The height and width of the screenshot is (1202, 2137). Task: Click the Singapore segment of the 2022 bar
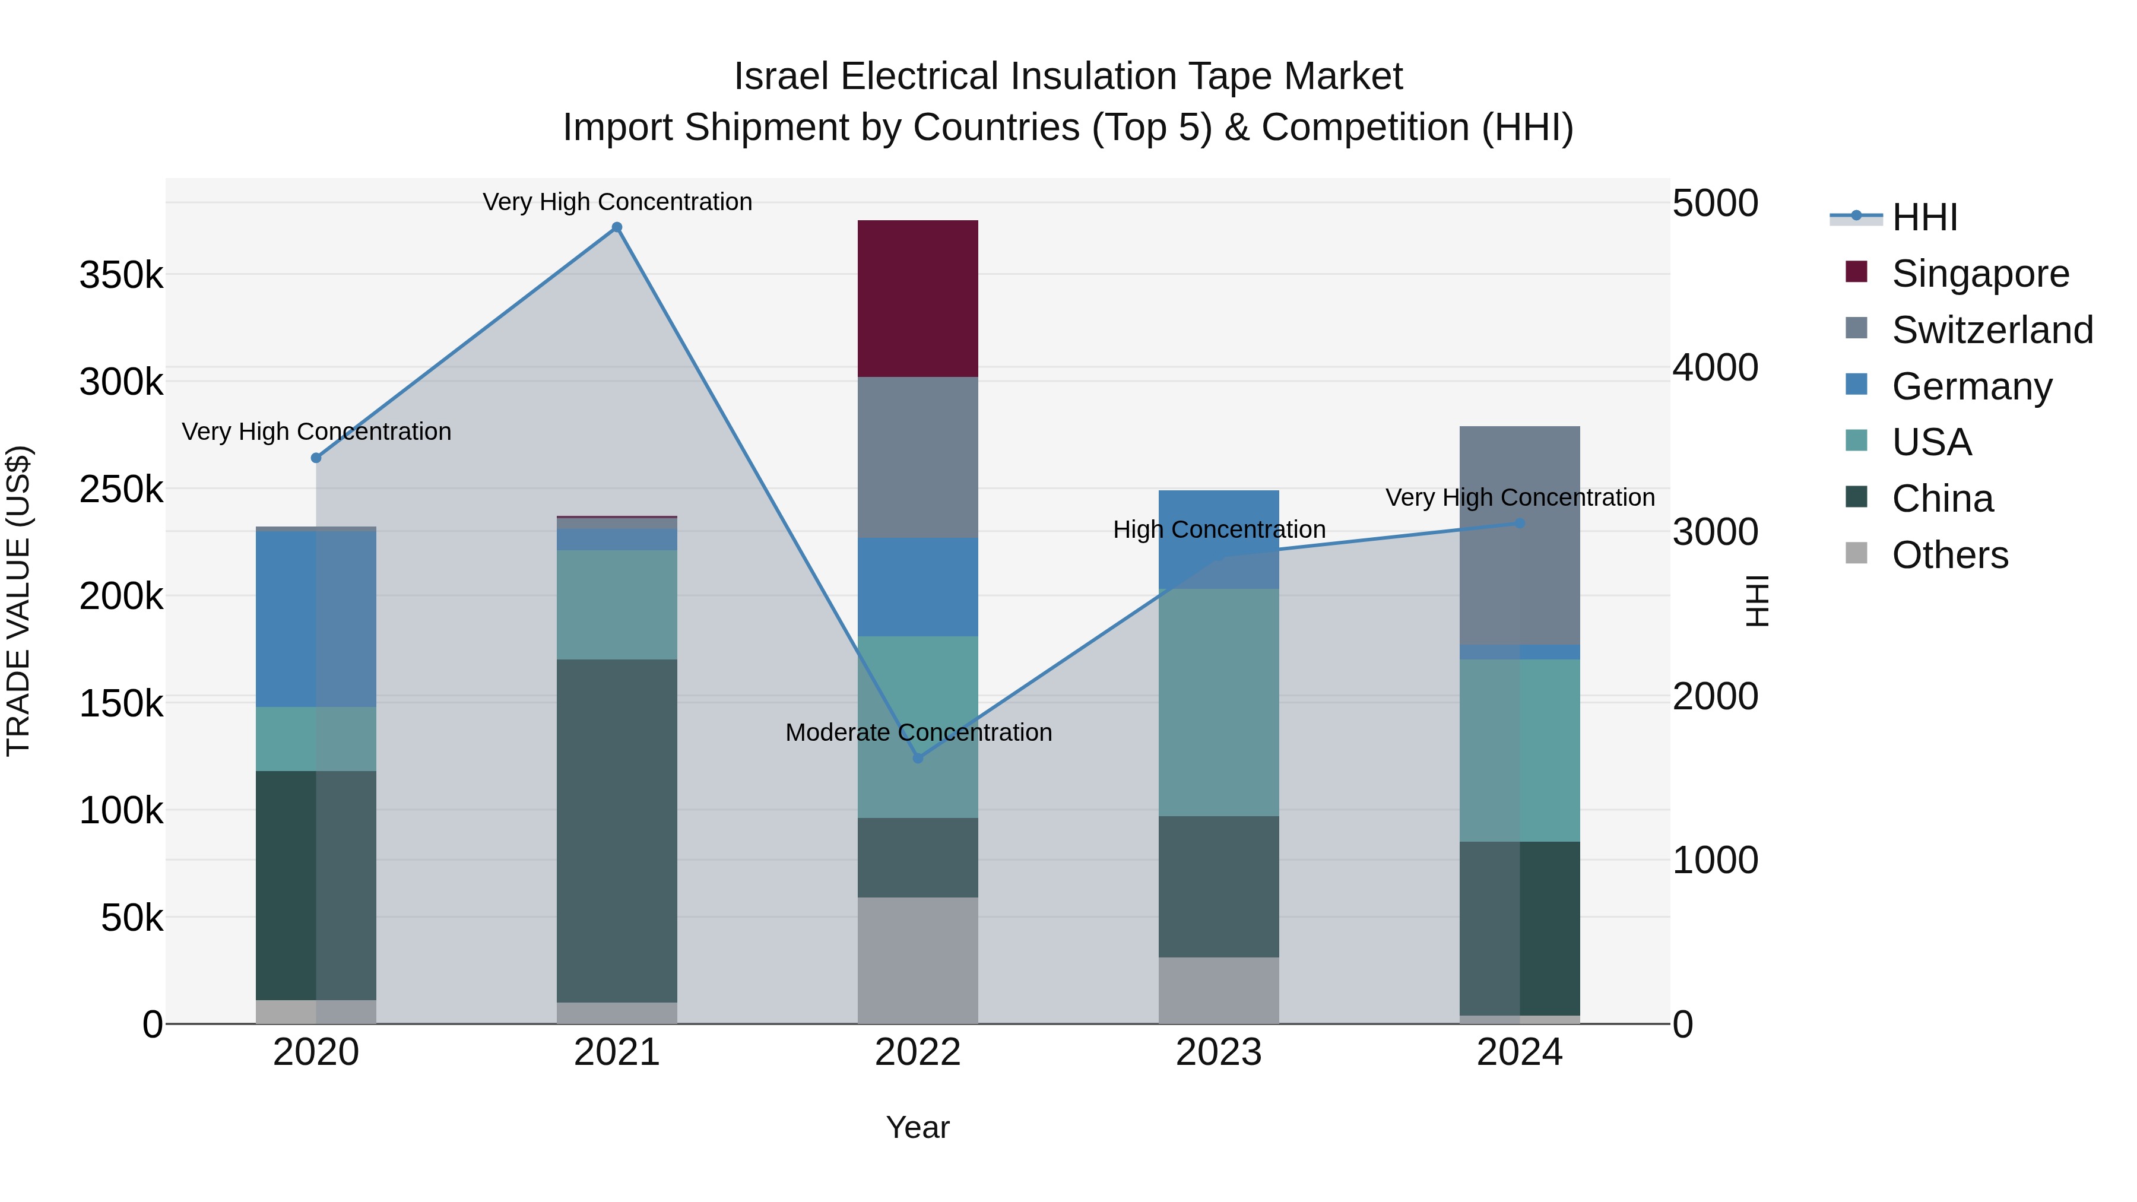(918, 299)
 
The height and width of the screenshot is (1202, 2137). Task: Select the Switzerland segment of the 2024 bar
(1519, 535)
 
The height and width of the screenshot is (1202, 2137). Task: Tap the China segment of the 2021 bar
(616, 830)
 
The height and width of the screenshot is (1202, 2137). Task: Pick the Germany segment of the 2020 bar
(315, 618)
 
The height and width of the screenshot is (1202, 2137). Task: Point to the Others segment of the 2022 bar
(918, 960)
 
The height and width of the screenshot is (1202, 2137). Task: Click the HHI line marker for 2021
(616, 227)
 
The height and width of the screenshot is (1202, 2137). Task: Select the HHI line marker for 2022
(918, 758)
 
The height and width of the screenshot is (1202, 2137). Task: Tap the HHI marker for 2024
(1519, 524)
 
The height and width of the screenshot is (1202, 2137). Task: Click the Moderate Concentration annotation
(918, 732)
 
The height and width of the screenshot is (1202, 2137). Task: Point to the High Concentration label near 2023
(1219, 529)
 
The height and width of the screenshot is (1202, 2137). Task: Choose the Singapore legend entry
(1980, 273)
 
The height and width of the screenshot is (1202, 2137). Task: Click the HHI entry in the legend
(1924, 217)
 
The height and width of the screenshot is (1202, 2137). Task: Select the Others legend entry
(1949, 554)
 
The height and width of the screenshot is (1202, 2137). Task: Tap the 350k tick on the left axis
(121, 275)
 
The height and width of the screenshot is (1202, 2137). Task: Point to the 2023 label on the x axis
(1218, 1052)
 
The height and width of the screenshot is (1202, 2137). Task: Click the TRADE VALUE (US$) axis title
(18, 601)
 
